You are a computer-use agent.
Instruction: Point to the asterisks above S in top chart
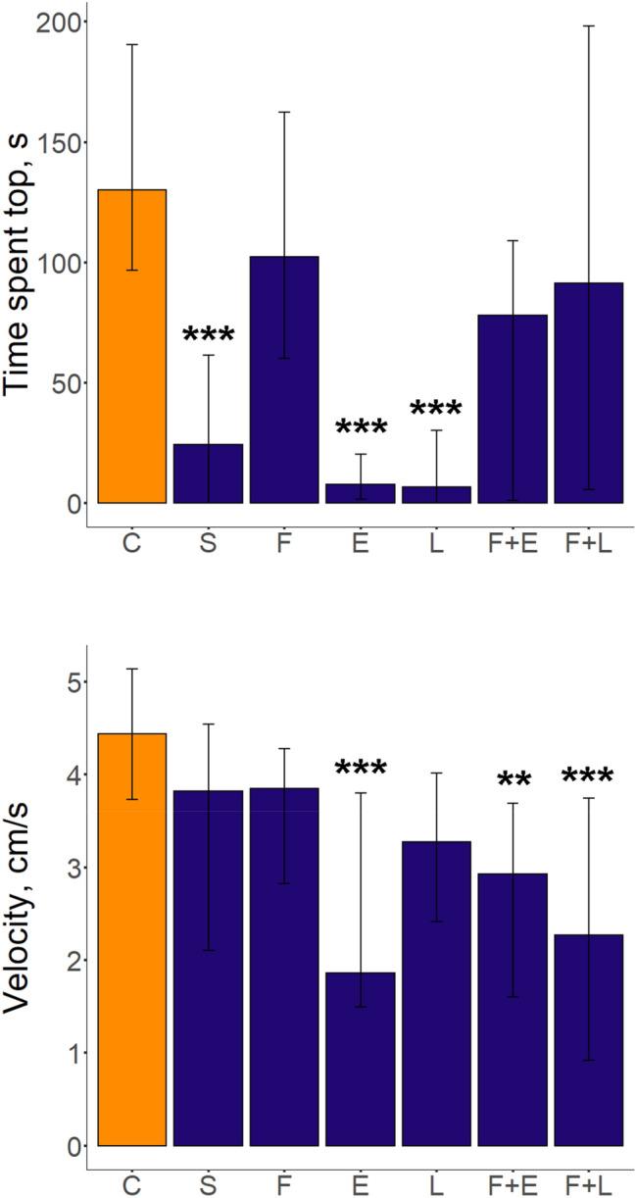pyautogui.click(x=209, y=335)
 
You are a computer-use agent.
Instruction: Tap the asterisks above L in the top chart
pyautogui.click(x=436, y=409)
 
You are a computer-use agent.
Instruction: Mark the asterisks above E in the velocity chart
pyautogui.click(x=360, y=770)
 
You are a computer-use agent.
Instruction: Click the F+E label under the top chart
pyautogui.click(x=512, y=543)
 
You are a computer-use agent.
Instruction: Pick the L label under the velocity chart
pyautogui.click(x=436, y=1184)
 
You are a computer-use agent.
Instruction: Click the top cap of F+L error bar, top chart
pyautogui.click(x=588, y=25)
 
